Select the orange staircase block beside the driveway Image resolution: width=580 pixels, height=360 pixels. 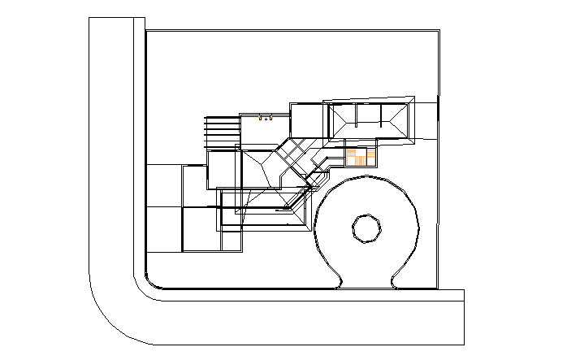(361, 155)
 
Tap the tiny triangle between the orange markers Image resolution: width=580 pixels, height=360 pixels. (264, 119)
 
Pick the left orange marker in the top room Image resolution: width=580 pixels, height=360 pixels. (260, 119)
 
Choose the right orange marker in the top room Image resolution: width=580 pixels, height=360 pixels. (269, 119)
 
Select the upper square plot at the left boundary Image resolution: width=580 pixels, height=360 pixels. (163, 185)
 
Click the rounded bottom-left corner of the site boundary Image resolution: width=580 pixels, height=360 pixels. (150, 282)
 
